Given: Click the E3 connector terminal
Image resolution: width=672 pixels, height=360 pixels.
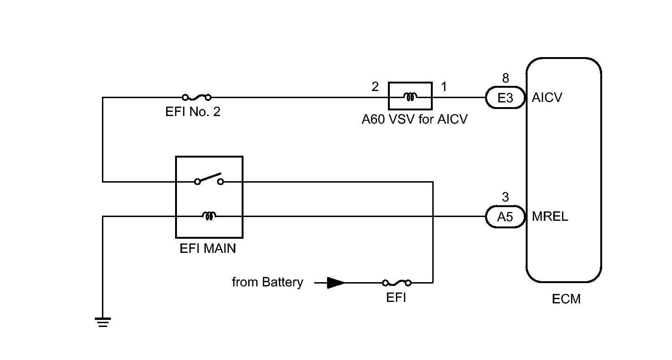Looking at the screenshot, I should (505, 98).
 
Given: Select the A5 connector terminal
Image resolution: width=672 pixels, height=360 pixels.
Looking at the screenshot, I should (505, 217).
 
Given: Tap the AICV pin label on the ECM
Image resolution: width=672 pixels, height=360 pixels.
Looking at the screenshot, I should (547, 98).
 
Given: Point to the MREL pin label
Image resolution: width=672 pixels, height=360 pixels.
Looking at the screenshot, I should (550, 217).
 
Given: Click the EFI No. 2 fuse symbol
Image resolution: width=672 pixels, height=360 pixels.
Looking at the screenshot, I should (196, 98).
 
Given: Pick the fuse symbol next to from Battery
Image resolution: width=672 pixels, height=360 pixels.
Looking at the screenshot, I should (396, 283).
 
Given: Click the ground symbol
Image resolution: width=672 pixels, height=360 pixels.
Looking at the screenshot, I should (103, 322).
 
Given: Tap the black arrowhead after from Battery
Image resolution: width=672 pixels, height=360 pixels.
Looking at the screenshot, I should (336, 283).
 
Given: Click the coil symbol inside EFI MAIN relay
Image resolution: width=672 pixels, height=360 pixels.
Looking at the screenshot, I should (209, 216).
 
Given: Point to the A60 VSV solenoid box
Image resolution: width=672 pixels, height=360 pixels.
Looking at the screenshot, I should (410, 97).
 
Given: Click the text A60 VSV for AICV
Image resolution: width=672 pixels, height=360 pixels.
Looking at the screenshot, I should (414, 119).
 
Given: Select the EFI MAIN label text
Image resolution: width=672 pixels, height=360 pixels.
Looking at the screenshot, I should (208, 249).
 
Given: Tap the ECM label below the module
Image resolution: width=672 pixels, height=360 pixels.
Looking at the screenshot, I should (566, 299).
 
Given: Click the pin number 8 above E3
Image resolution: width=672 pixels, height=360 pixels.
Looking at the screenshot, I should (505, 78).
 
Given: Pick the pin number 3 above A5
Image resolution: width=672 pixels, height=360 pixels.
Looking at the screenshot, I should (505, 197).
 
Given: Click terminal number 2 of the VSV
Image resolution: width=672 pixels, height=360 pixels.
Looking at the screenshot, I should (375, 87).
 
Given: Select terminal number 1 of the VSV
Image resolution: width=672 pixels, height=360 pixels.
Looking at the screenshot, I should (444, 87).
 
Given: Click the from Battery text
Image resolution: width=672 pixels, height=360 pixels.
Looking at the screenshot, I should (267, 283).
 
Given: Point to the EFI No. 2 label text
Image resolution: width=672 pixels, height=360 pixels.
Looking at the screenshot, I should (193, 112).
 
